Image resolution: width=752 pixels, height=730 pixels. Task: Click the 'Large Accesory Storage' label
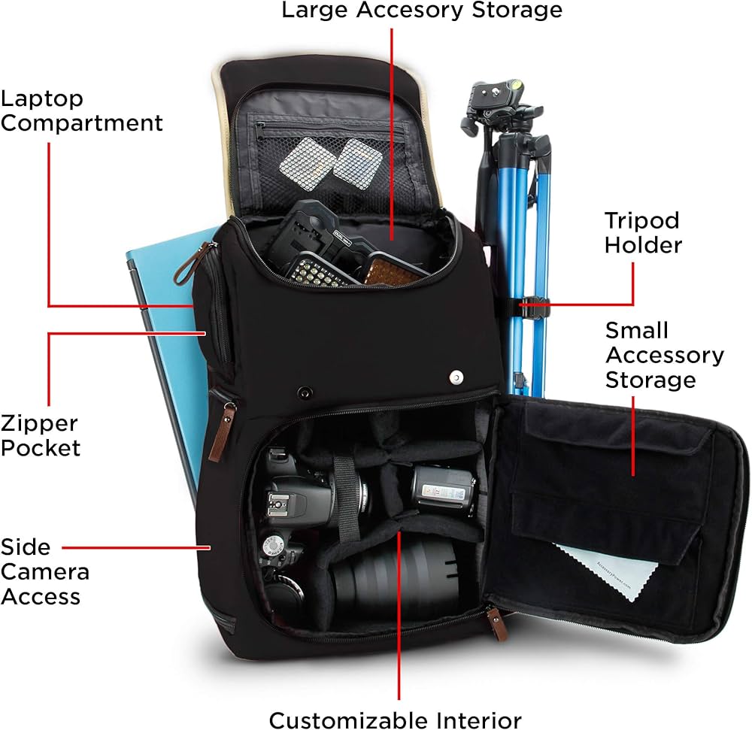tap(421, 11)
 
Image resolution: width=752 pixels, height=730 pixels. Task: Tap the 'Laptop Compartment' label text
tap(81, 110)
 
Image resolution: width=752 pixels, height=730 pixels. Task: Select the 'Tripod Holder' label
tap(643, 232)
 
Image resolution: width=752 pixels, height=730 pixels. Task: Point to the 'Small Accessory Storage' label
tap(664, 355)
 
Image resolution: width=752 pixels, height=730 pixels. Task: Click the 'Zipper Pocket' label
tap(40, 435)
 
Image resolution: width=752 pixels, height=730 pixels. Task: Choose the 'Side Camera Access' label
tap(45, 571)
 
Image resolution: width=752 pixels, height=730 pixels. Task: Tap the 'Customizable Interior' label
tap(395, 719)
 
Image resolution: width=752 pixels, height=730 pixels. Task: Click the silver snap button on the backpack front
tap(456, 377)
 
